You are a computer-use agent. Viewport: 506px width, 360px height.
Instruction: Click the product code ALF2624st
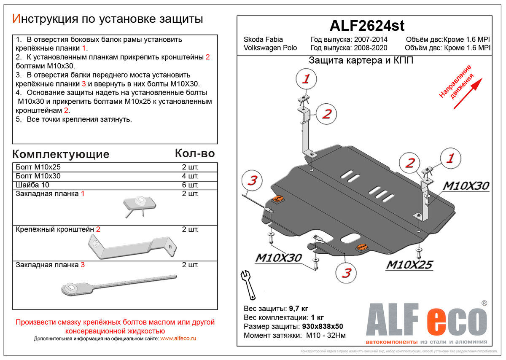366,26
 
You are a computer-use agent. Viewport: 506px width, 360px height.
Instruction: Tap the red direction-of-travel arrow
468,92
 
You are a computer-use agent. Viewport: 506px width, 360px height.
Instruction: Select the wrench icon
248,284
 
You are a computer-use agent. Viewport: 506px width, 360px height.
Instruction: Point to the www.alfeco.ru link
178,339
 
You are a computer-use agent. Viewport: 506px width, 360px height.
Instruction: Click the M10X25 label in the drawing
409,265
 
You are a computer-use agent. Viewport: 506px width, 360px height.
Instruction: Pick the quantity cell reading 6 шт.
190,185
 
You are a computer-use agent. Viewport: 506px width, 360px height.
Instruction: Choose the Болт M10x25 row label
38,167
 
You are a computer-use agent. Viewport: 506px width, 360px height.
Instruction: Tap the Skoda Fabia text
263,40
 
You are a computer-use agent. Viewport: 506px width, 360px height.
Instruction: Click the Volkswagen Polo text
270,48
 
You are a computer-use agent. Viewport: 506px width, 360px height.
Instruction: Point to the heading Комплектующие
61,154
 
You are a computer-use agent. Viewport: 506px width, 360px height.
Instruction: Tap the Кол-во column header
195,153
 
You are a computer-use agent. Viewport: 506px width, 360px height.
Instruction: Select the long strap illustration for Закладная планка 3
118,285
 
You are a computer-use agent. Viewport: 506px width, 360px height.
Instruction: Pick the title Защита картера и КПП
361,60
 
